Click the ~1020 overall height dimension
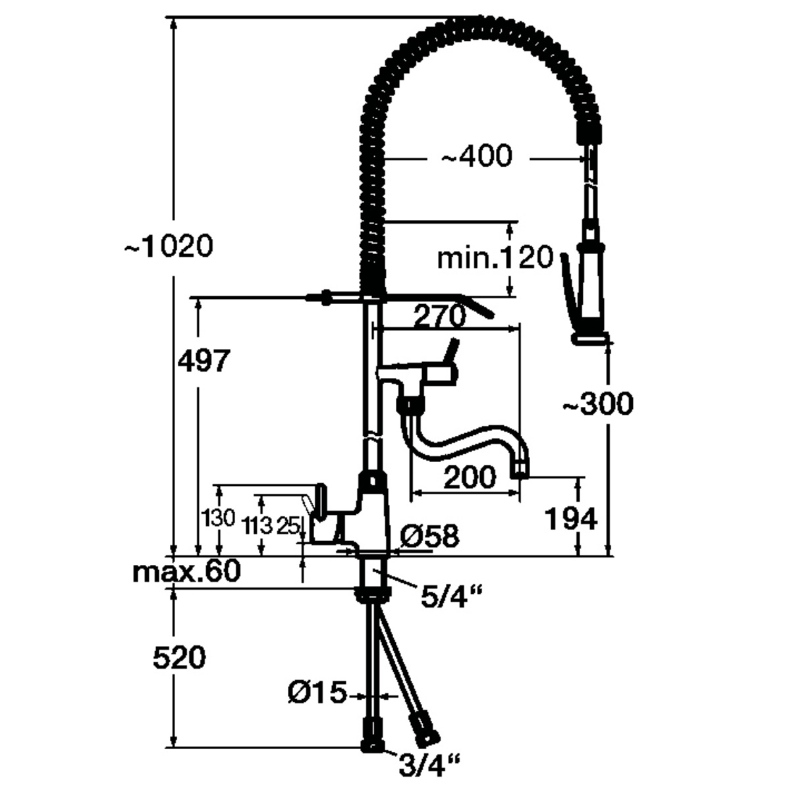point(169,247)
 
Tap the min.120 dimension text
point(495,258)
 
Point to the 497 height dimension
point(203,361)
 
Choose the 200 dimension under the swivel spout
point(469,477)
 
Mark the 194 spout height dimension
point(571,519)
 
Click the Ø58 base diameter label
point(429,537)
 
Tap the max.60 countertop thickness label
point(186,571)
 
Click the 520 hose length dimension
point(179,658)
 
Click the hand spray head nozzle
point(589,338)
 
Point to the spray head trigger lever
point(566,280)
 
